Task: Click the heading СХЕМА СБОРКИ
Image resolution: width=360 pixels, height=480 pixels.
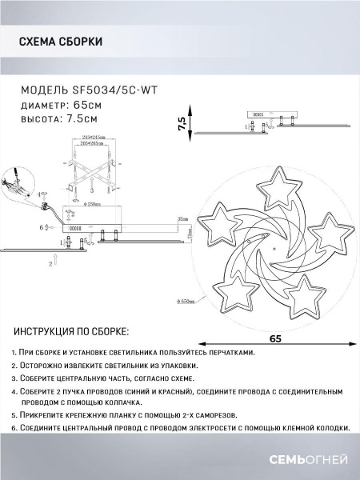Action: [60, 42]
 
